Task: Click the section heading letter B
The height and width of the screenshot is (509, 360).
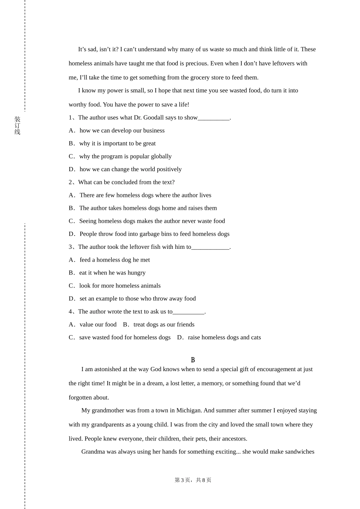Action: click(x=193, y=360)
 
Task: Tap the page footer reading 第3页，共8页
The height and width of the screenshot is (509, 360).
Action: click(x=193, y=480)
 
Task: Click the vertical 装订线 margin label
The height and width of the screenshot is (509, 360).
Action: click(x=17, y=125)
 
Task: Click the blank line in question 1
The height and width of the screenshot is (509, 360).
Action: click(x=214, y=118)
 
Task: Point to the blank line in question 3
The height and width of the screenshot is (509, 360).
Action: click(x=210, y=247)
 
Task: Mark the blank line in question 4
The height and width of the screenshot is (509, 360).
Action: click(x=188, y=312)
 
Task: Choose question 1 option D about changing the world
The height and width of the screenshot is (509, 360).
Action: click(x=130, y=169)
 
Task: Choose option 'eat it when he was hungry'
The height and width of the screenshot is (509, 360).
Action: click(x=112, y=273)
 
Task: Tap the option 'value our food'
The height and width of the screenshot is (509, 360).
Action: click(x=98, y=325)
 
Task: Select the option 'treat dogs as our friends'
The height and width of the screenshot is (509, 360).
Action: click(x=164, y=325)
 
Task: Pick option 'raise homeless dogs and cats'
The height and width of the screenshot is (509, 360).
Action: click(x=224, y=337)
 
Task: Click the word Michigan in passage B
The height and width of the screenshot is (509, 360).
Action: click(x=188, y=411)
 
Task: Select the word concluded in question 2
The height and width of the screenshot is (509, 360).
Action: click(x=124, y=182)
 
